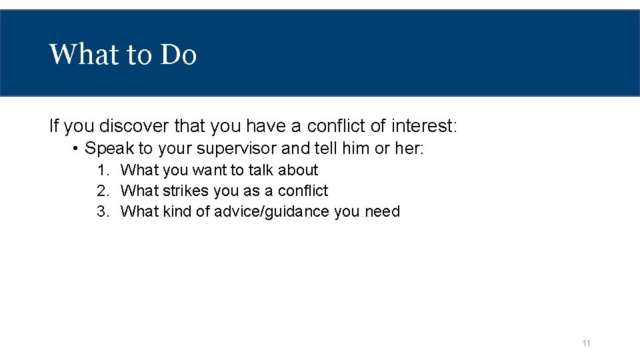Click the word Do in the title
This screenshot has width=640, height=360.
[x=179, y=55]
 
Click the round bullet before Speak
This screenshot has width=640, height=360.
[x=77, y=148]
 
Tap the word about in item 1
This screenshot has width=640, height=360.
[x=298, y=170]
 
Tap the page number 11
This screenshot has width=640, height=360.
[x=587, y=343]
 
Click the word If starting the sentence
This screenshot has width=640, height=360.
[x=54, y=125]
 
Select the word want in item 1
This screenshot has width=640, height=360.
[x=209, y=170]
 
